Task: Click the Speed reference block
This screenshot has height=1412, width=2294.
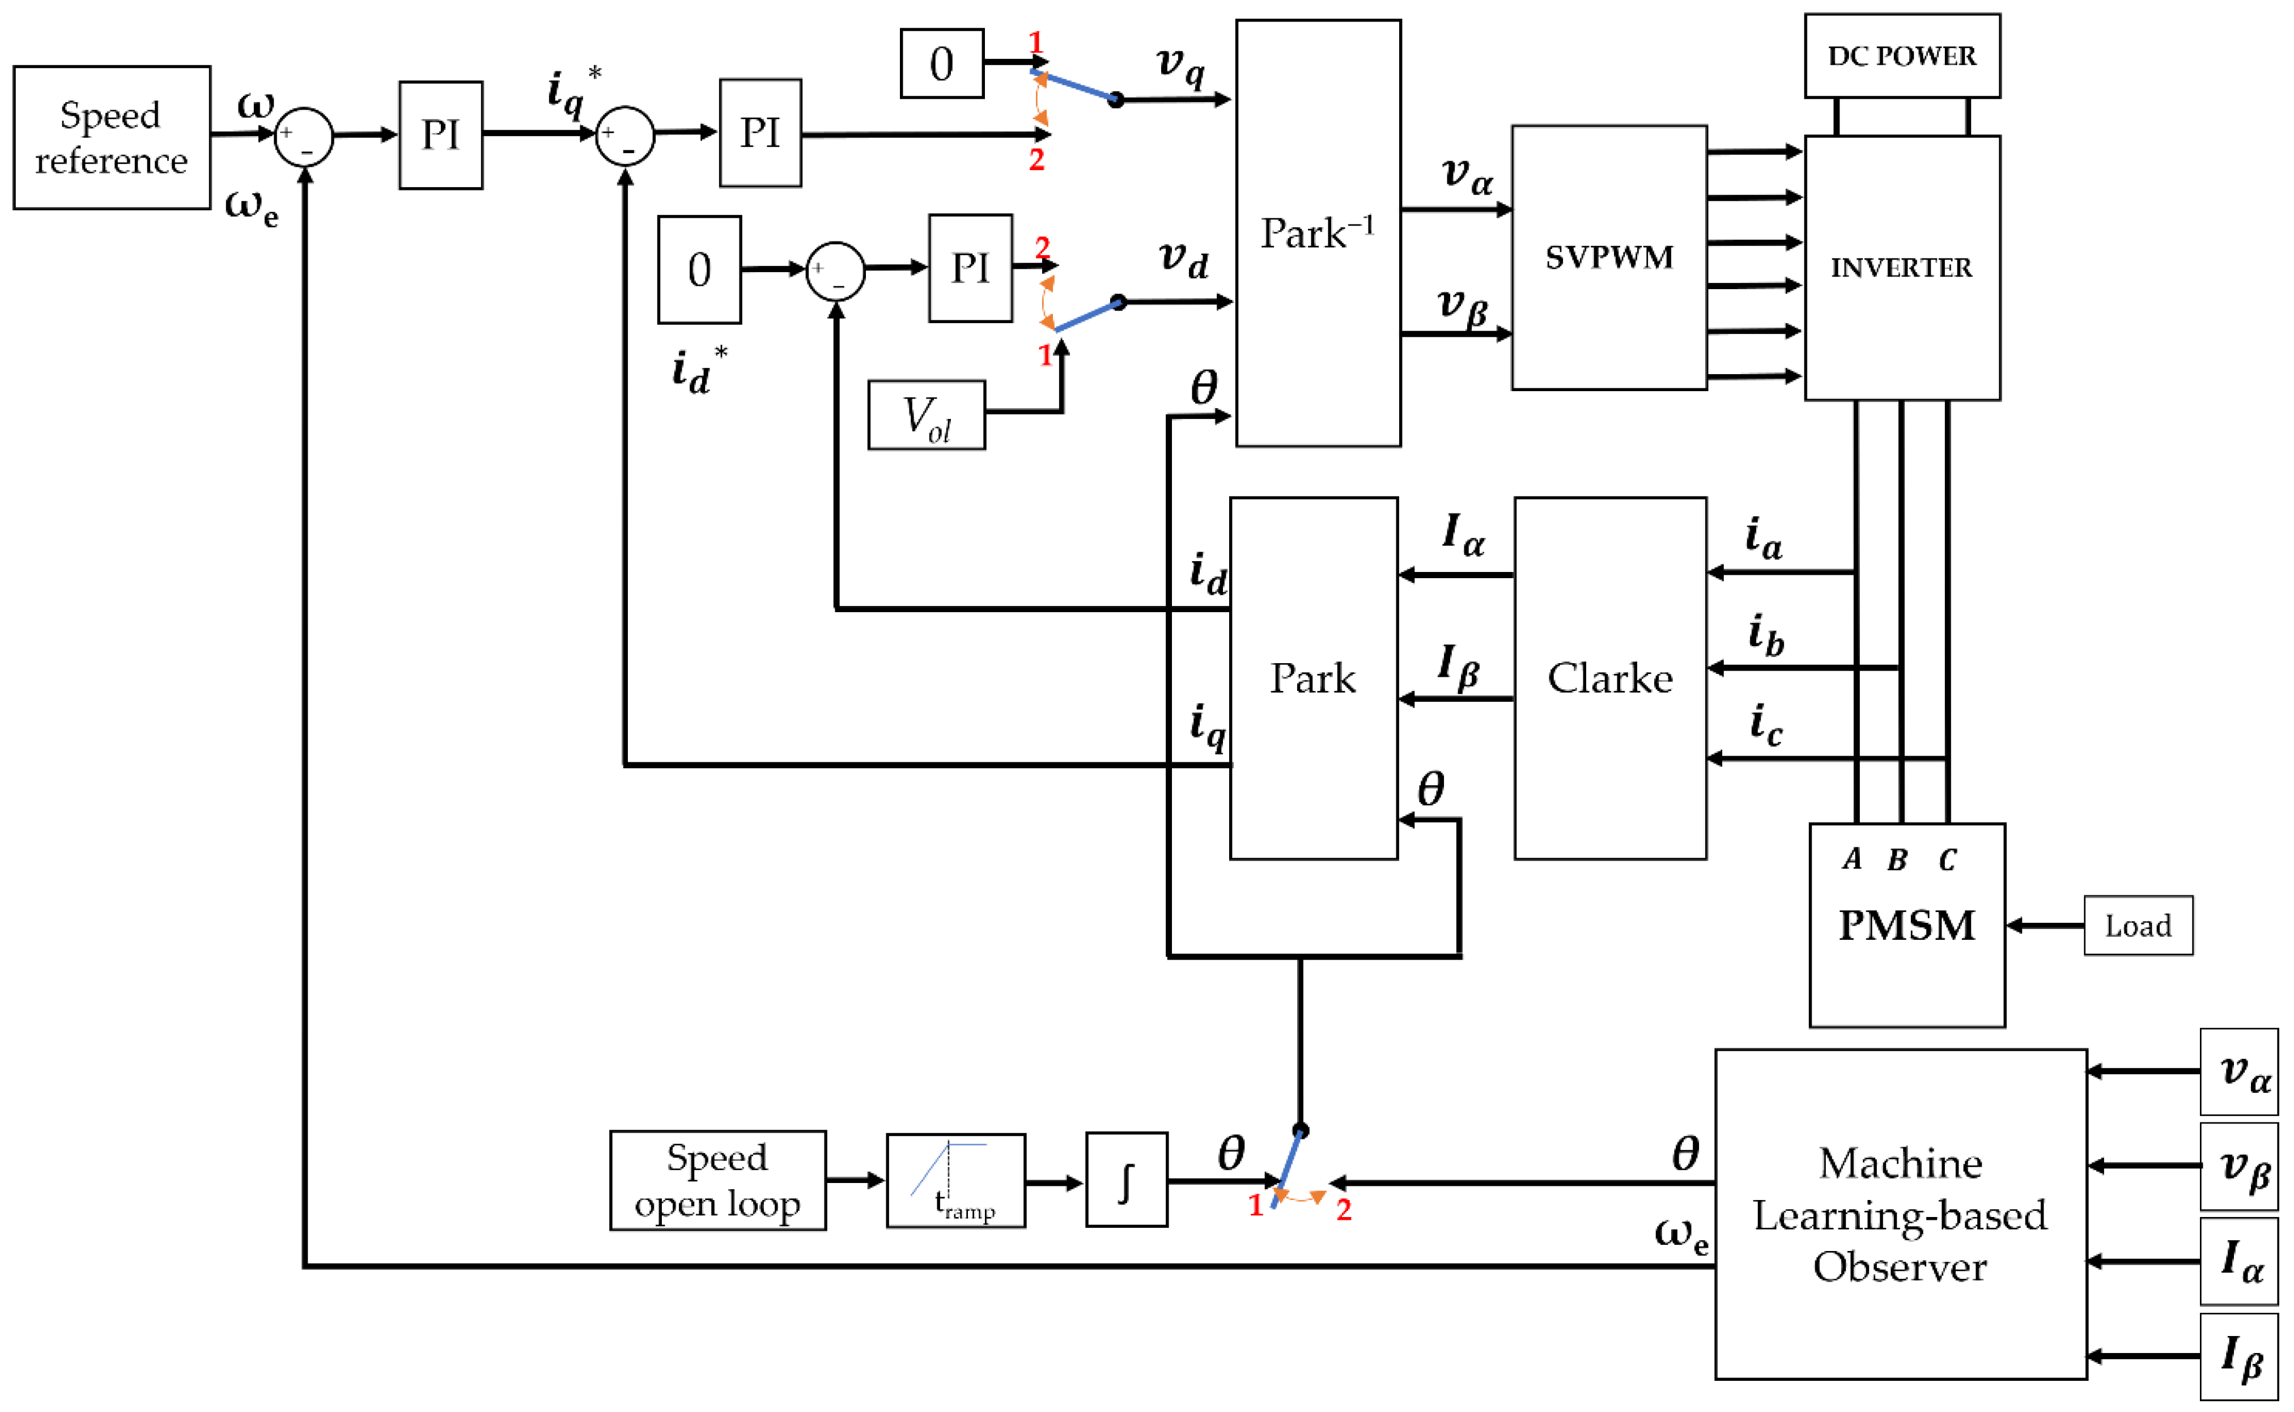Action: (x=111, y=137)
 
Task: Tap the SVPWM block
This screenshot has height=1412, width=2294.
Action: (x=1609, y=257)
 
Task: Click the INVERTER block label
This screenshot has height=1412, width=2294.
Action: (x=1901, y=268)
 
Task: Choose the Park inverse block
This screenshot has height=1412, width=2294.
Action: (x=1318, y=234)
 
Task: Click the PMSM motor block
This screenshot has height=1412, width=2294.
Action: (x=1906, y=925)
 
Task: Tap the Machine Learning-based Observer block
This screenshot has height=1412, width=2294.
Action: (x=1900, y=1214)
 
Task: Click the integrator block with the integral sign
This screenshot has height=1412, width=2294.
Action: (x=1126, y=1180)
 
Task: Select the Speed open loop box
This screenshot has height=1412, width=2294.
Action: (x=717, y=1180)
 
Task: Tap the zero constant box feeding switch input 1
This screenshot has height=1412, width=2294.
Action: (x=941, y=63)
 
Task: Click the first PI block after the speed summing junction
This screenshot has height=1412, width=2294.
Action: (x=441, y=135)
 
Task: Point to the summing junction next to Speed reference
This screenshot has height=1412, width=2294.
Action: (x=303, y=137)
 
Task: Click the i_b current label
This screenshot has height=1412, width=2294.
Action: (x=1765, y=635)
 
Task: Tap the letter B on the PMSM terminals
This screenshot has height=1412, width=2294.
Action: (x=1897, y=860)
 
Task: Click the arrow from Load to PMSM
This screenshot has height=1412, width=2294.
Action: (x=2045, y=926)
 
